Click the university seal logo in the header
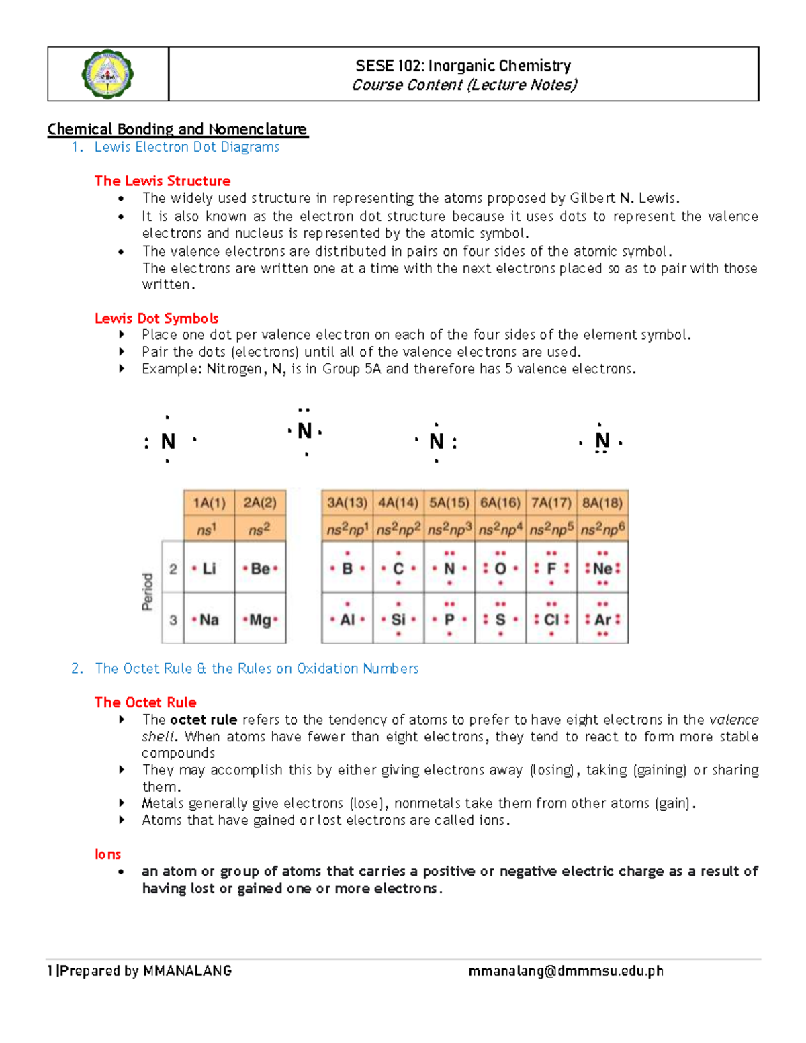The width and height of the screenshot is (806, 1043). (107, 75)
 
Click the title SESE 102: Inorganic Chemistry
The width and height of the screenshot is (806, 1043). (463, 65)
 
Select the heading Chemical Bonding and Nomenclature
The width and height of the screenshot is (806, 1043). (177, 129)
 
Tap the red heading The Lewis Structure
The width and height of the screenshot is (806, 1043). (163, 181)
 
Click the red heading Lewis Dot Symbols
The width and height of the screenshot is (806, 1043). (156, 318)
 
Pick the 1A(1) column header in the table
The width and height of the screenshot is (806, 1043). (209, 503)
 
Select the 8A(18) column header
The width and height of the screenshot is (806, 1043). (602, 503)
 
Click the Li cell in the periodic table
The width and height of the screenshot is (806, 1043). (209, 568)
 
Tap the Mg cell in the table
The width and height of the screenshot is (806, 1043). (261, 619)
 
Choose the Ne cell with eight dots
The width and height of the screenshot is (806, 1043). (602, 568)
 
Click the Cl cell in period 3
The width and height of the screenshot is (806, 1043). (551, 619)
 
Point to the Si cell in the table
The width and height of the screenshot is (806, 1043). (398, 619)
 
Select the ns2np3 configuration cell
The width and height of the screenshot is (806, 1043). (449, 529)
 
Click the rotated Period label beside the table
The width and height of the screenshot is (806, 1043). (148, 592)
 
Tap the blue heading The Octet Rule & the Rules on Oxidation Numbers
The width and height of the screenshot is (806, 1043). (257, 668)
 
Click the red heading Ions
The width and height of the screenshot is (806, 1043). (107, 854)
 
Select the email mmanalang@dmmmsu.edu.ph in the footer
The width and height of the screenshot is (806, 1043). (566, 971)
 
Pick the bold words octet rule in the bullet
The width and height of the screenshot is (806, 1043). (204, 720)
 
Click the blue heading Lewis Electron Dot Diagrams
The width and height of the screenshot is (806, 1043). (187, 147)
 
